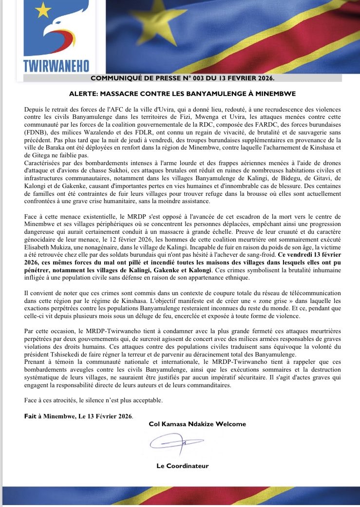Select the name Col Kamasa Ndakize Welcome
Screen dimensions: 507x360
(x=197, y=424)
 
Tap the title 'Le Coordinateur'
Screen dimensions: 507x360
(x=182, y=466)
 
